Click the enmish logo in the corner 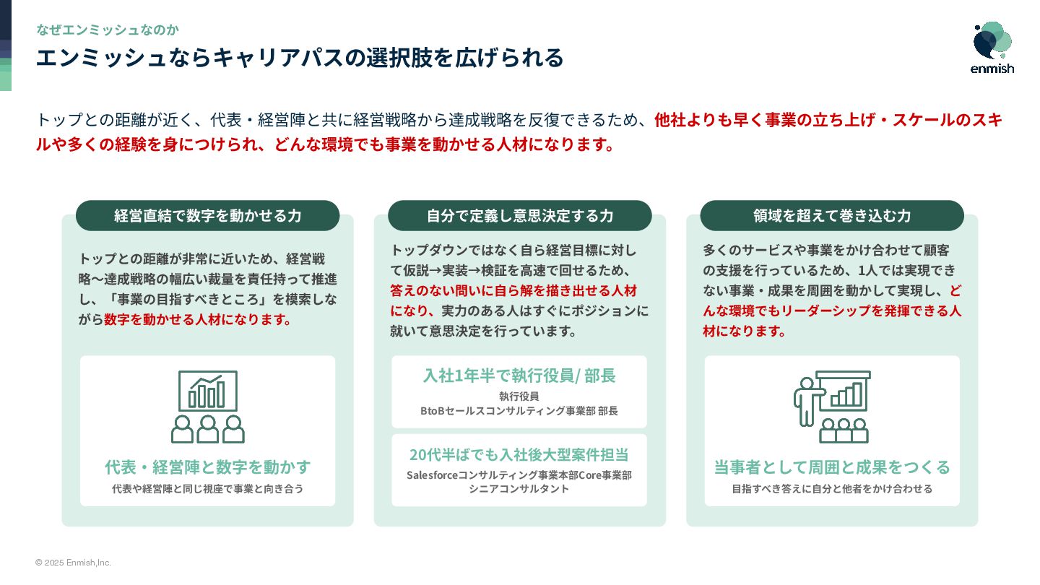[x=992, y=48]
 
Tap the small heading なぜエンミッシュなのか [x=108, y=30]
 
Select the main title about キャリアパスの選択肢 [x=300, y=58]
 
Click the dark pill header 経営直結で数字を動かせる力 [x=207, y=215]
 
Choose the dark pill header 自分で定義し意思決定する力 [x=519, y=215]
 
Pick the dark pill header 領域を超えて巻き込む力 [x=831, y=215]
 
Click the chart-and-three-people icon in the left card [x=208, y=407]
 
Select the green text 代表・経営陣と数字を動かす [x=208, y=467]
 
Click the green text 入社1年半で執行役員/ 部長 [x=519, y=376]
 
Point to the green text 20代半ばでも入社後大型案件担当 [x=519, y=454]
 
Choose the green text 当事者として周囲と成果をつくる [x=832, y=467]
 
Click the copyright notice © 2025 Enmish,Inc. [x=73, y=563]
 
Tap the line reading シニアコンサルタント [x=519, y=489]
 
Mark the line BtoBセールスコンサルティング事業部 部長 [x=519, y=411]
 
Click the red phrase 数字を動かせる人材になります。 [x=199, y=319]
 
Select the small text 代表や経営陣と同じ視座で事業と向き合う [x=208, y=489]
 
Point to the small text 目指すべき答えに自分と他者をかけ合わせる [x=832, y=489]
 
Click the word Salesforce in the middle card [x=432, y=475]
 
